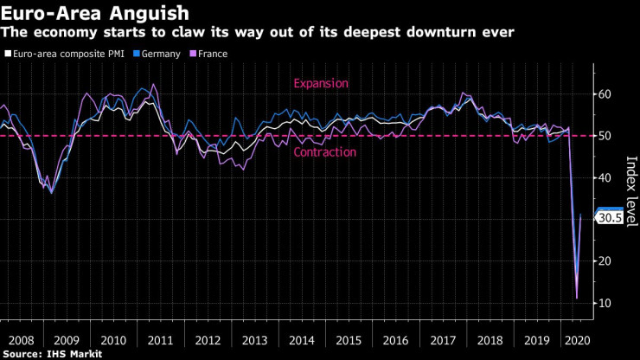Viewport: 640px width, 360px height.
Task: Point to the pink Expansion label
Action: point(320,83)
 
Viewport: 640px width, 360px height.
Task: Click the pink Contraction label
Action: point(324,152)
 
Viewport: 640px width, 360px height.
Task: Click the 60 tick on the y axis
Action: point(605,94)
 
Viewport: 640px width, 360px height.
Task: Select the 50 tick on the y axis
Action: point(605,136)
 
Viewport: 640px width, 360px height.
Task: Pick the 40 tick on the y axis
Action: point(605,177)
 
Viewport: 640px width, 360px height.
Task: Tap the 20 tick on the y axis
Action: point(605,261)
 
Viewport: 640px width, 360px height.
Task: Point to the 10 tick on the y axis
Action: point(605,303)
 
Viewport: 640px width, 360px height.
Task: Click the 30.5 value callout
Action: point(611,218)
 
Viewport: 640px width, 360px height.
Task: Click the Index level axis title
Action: point(630,190)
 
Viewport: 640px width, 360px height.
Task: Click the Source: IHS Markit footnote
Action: point(53,354)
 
